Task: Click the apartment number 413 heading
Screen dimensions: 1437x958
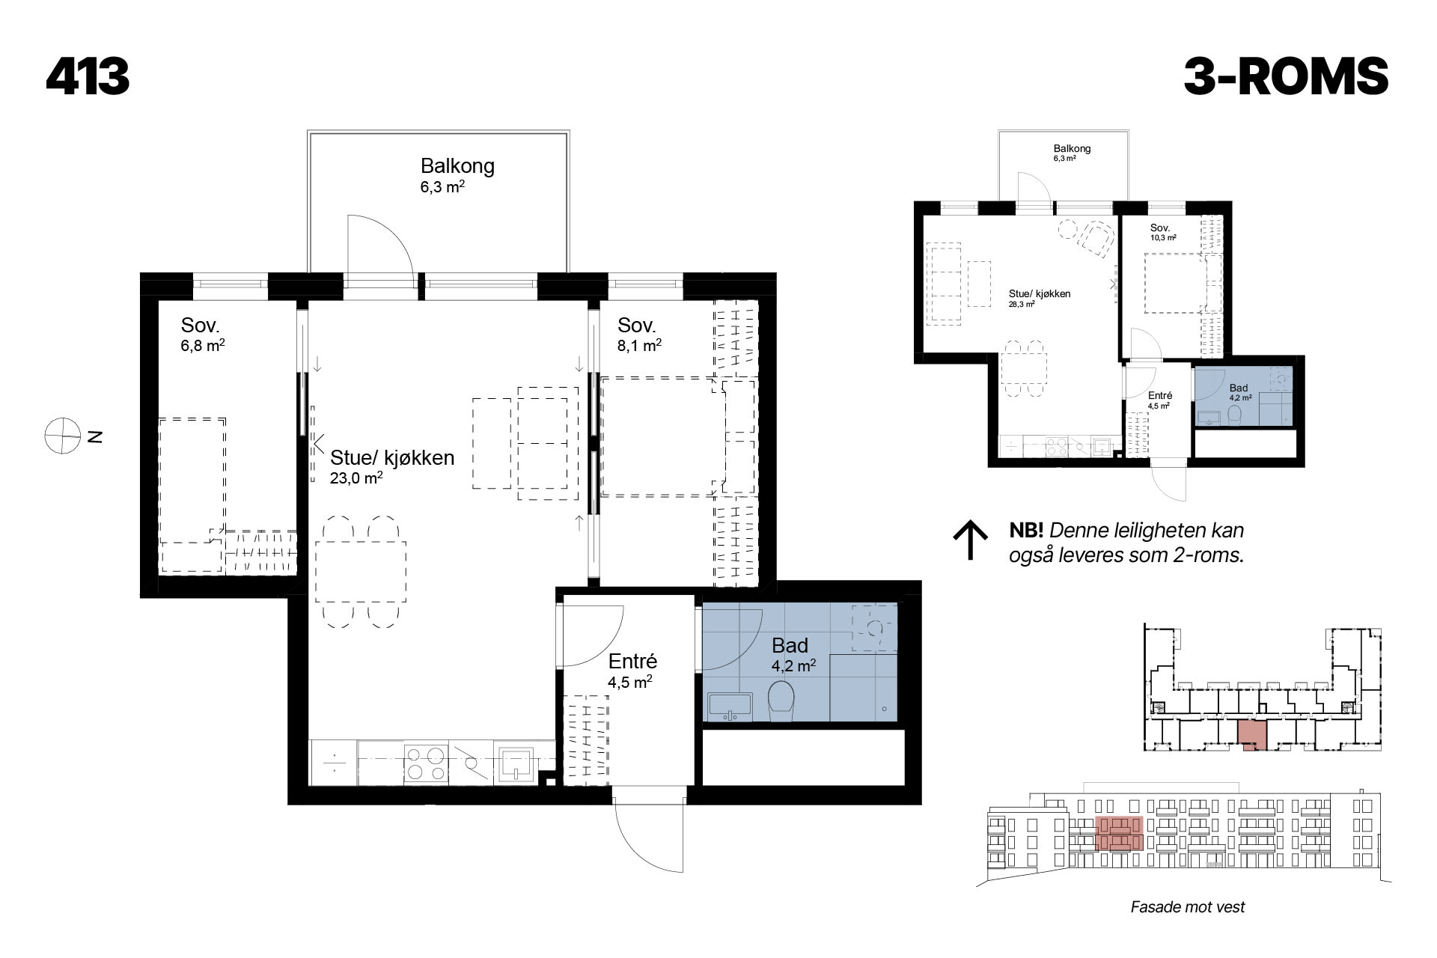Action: coord(88,76)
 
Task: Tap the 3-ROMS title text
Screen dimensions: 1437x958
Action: coord(1286,76)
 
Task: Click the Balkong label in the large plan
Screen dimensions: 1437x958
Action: coord(457,165)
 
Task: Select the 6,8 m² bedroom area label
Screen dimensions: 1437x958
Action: coord(203,347)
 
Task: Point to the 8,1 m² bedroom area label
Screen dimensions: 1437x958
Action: coord(639,346)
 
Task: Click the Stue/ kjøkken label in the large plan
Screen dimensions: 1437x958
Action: coord(392,458)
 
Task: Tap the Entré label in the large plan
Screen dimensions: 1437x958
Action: coord(632,661)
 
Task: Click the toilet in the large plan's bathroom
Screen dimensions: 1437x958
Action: coord(781,701)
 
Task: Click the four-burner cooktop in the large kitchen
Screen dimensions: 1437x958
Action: coord(426,763)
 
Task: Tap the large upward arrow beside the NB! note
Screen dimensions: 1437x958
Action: coord(971,540)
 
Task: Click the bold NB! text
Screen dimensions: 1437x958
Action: coord(1026,531)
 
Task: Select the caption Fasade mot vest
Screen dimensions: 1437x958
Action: coord(1188,907)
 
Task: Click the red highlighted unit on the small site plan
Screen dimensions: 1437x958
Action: coord(1251,735)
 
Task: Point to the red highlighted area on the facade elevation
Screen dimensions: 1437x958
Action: coord(1119,833)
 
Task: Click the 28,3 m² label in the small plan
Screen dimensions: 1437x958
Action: coord(1022,305)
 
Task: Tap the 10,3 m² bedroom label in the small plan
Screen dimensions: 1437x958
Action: coord(1163,238)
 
